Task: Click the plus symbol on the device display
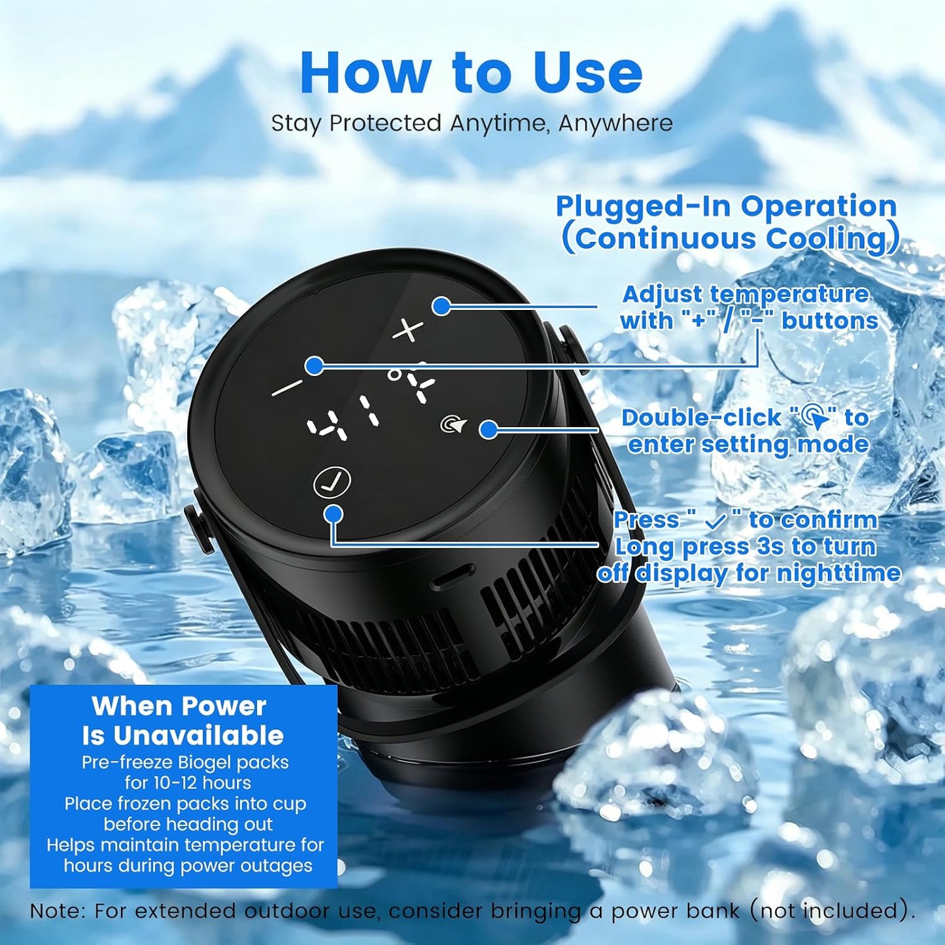tap(409, 330)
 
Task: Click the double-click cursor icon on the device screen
tap(452, 424)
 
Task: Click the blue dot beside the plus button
tap(442, 306)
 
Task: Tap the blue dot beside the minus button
tap(314, 366)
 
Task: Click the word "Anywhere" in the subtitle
tap(615, 124)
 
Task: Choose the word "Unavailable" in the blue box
tap(199, 736)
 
